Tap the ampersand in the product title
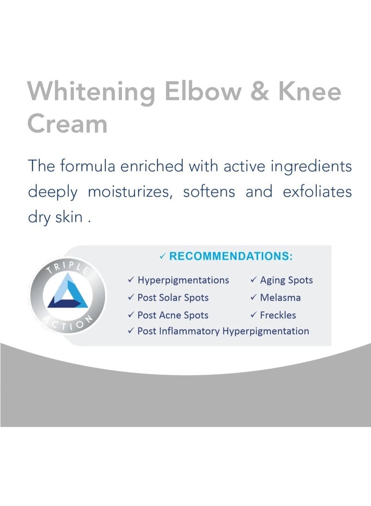point(260,91)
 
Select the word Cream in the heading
point(67,123)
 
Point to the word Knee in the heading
point(310,91)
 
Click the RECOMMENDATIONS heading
point(231,256)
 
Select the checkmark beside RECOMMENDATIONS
point(163,257)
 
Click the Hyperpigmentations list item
point(183,280)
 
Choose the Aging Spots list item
point(286,280)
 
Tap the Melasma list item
point(280,298)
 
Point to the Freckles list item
point(278,315)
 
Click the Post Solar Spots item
point(173,298)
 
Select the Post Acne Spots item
point(173,315)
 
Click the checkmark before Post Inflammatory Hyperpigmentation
point(131,331)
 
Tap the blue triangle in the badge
point(68,292)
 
